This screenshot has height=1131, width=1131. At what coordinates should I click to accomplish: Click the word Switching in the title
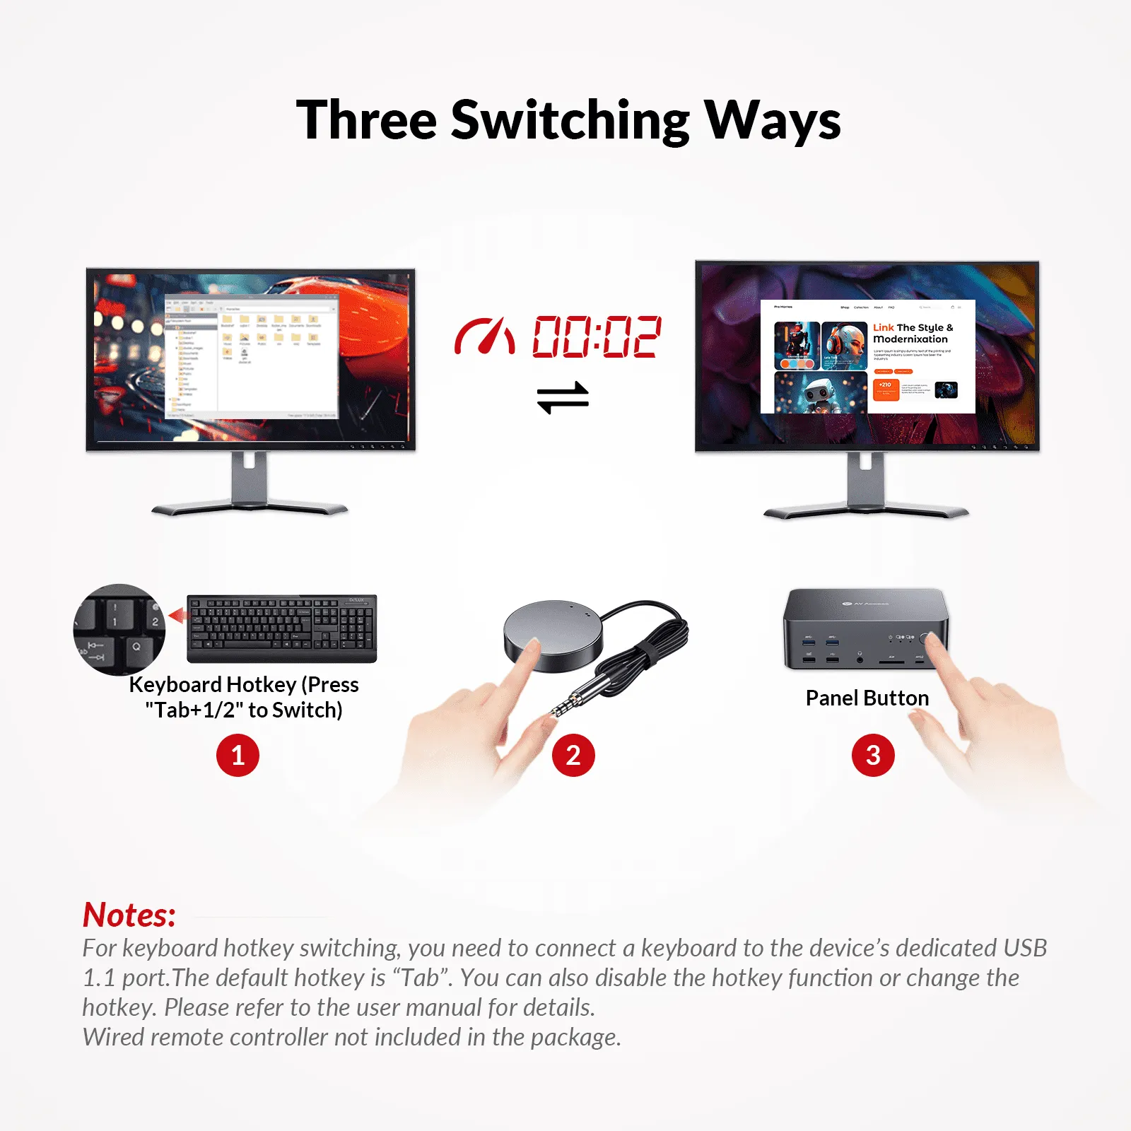click(x=570, y=120)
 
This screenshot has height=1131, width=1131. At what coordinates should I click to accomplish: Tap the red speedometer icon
click(x=484, y=336)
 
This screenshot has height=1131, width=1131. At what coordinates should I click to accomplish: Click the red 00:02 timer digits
click(x=597, y=336)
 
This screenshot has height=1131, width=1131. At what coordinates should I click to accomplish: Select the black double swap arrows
click(x=563, y=397)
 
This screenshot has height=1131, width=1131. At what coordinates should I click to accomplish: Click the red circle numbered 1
click(x=238, y=755)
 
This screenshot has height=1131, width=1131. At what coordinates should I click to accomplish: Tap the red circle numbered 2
click(x=573, y=755)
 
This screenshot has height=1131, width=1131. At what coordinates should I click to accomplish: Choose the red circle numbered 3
click(x=873, y=755)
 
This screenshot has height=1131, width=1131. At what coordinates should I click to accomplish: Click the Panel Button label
click(x=867, y=698)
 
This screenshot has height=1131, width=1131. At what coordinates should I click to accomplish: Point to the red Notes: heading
click(x=129, y=915)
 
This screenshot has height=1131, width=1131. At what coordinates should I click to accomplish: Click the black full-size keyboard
click(x=281, y=628)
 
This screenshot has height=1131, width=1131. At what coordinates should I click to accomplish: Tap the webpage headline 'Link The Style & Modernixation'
click(x=913, y=333)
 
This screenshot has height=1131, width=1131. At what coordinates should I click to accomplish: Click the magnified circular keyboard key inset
click(x=119, y=629)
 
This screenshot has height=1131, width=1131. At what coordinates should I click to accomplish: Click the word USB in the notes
click(x=1024, y=948)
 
